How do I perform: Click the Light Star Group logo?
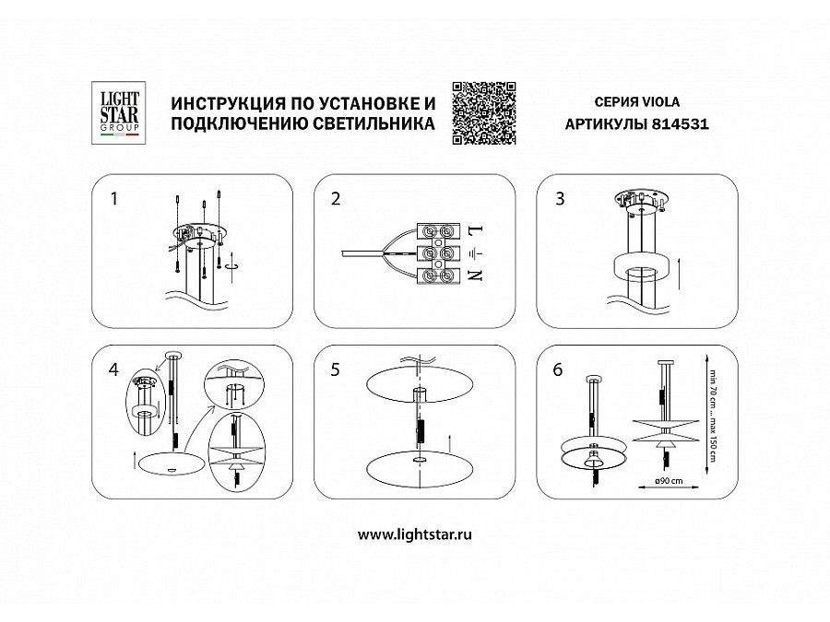click(119, 112)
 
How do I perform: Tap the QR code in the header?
click(484, 113)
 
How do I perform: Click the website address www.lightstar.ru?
click(414, 534)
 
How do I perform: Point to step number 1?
click(113, 199)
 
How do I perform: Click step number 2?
click(336, 199)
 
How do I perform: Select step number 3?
click(560, 199)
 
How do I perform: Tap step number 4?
click(113, 370)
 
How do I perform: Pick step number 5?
click(335, 370)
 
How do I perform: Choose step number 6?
click(558, 370)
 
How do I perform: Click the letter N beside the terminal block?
click(476, 275)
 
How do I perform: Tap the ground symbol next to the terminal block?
click(476, 254)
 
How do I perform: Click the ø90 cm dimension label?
click(670, 481)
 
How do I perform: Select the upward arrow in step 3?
click(678, 273)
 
